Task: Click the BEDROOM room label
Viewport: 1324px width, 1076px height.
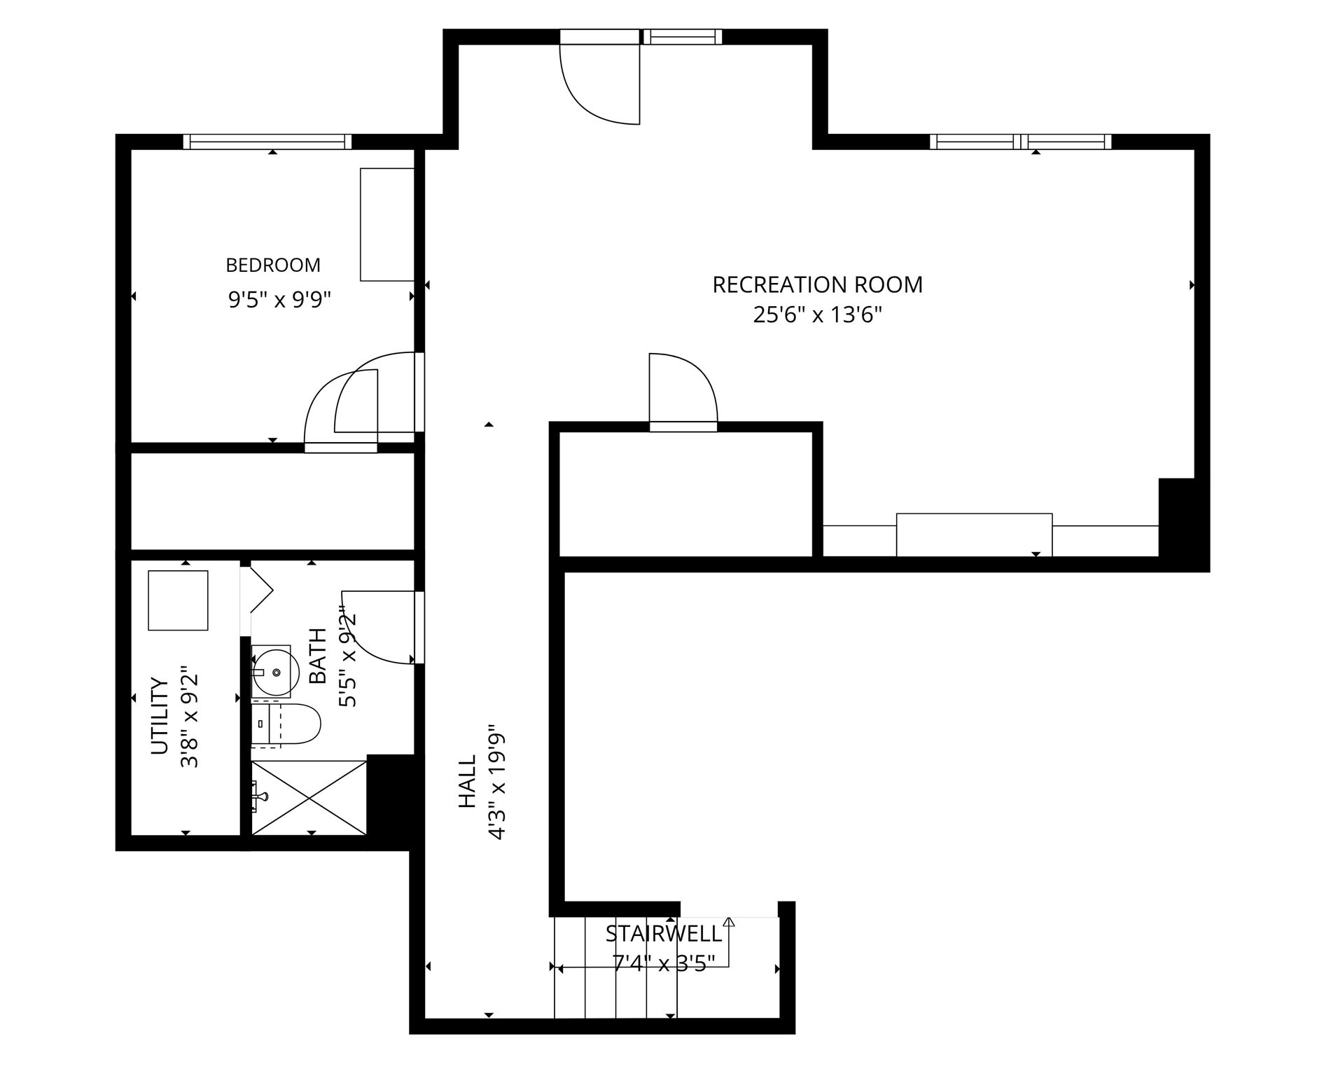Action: coord(272,265)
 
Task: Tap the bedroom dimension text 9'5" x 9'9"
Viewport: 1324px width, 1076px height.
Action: coord(279,300)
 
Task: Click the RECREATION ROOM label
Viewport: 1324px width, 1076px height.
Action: coord(817,285)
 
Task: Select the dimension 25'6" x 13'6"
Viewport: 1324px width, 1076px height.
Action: coord(817,315)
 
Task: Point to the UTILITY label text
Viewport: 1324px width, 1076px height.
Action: coord(160,715)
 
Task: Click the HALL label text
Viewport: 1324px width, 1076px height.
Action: coord(467,781)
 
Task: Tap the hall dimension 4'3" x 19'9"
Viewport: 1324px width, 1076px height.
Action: coord(497,781)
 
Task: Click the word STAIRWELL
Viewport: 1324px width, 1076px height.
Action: coord(663,934)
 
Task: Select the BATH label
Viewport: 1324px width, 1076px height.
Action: coord(318,656)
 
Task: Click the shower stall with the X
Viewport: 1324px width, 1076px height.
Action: coord(309,797)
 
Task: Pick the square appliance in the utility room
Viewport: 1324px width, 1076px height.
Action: coord(178,600)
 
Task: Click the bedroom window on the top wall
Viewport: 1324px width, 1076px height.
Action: coord(267,142)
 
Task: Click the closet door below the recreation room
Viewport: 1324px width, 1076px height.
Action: coord(683,392)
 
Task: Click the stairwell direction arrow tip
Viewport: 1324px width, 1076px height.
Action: coord(729,920)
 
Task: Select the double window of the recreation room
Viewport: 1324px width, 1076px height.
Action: coord(1020,142)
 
